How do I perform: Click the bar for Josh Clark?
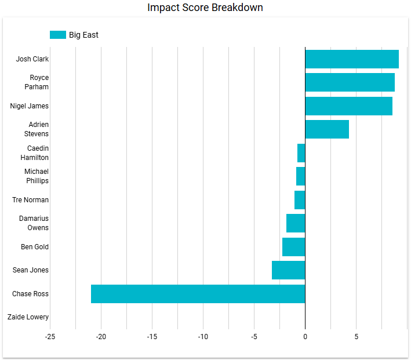(x=352, y=59)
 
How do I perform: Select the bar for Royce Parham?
(x=350, y=82)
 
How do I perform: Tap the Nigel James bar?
(x=348, y=106)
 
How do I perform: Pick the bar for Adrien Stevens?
(x=327, y=129)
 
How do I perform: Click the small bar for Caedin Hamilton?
(x=301, y=153)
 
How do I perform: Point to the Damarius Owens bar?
(x=296, y=223)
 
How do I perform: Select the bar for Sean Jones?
(x=289, y=270)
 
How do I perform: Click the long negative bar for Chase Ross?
(x=198, y=294)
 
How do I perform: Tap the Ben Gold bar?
(x=294, y=247)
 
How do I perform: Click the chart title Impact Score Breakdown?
(x=205, y=8)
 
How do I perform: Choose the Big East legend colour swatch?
(x=58, y=35)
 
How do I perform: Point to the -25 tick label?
(x=50, y=337)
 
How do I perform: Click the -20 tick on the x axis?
(x=101, y=337)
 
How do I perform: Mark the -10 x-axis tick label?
(x=203, y=337)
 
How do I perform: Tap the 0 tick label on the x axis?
(x=305, y=337)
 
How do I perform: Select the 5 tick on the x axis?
(x=356, y=337)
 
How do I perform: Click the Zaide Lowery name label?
(x=28, y=317)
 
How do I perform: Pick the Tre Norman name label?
(x=30, y=200)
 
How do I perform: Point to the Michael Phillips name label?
(x=37, y=176)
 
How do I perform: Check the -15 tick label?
(x=152, y=337)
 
